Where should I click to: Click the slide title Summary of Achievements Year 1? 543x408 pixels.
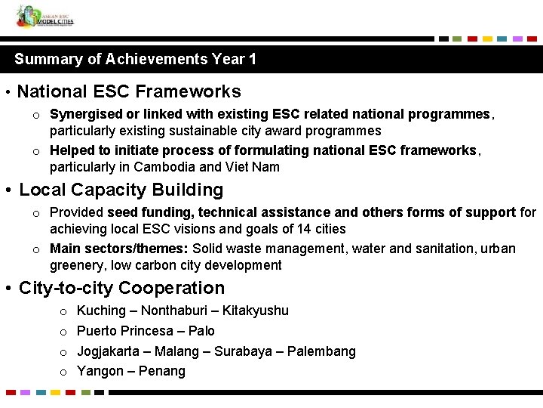pyautogui.click(x=136, y=59)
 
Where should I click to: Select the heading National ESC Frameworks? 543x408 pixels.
pyautogui.click(x=129, y=92)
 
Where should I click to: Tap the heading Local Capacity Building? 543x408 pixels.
pyautogui.click(x=121, y=190)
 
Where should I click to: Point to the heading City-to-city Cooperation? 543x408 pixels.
pyautogui.click(x=121, y=288)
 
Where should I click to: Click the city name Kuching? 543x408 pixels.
pyautogui.click(x=101, y=311)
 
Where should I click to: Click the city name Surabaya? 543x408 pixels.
pyautogui.click(x=242, y=351)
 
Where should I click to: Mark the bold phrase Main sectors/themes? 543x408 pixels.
pyautogui.click(x=119, y=249)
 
